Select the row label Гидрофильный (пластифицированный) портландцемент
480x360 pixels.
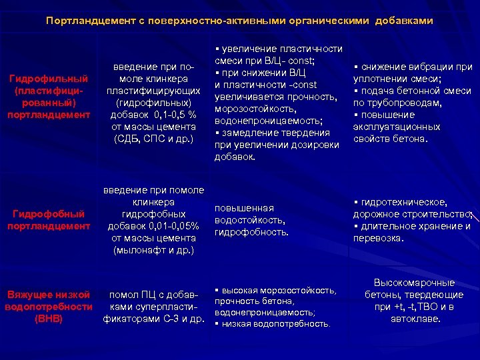(x=48, y=97)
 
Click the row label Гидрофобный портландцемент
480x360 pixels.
(x=48, y=220)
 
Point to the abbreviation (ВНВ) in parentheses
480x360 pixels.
(x=48, y=318)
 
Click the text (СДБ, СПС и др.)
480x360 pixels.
(x=153, y=139)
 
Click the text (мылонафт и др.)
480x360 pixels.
(x=153, y=251)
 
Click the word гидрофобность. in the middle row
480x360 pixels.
(x=252, y=232)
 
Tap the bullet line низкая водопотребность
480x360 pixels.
(x=277, y=323)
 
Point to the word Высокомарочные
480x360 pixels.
(x=414, y=283)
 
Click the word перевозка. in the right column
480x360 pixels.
(x=379, y=237)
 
